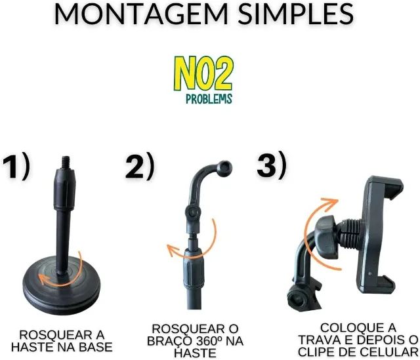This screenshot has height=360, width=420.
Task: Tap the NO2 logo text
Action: click(203, 73)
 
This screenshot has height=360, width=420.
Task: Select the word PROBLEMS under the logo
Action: click(209, 99)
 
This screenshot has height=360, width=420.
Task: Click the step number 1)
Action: click(16, 168)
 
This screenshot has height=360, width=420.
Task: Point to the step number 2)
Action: click(139, 168)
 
